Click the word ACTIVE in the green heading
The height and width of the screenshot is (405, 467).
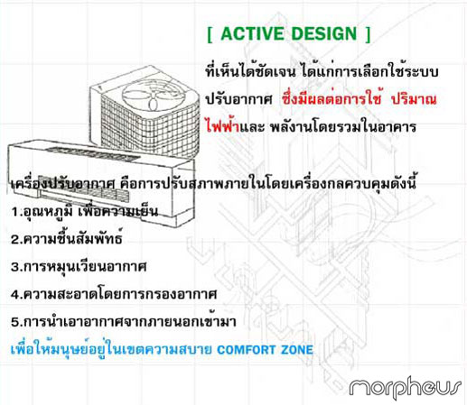point(252,33)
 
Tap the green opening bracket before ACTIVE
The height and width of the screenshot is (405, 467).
point(210,35)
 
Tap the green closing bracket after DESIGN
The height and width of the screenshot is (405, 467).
point(368,35)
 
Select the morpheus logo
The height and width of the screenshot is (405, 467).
point(405,387)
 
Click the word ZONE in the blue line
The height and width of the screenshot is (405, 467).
point(297,350)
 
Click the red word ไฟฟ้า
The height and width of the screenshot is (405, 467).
point(222,126)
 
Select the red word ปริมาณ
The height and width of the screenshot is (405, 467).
point(414,100)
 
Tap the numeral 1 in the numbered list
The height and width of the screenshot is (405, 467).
point(14,212)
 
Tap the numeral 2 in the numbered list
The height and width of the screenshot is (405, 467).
point(15,240)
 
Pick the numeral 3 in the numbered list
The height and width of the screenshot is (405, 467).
point(15,267)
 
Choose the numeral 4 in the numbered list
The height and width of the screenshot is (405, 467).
point(15,294)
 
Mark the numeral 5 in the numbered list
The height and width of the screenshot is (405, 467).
point(15,322)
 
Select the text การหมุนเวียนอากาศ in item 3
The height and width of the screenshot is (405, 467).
point(85,267)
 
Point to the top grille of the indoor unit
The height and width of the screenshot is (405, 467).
point(93,153)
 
